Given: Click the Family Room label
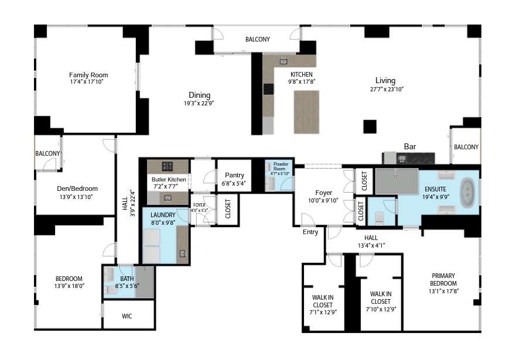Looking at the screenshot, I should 88,75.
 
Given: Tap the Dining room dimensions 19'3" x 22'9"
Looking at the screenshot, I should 199,104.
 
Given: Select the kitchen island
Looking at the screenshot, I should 306,112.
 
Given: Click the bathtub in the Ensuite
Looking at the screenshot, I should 469,194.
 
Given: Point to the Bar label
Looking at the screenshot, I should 410,146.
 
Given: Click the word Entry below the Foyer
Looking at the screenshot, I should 310,232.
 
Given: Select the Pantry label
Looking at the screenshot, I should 234,175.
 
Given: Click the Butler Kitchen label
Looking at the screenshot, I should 169,180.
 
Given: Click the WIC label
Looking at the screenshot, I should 127,316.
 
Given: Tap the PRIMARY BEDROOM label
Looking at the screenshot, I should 443,279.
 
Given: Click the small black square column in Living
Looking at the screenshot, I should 370,126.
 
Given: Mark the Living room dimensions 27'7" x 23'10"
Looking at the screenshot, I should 387,89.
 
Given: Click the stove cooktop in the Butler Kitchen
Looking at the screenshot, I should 167,165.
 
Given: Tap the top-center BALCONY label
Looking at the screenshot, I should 258,40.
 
